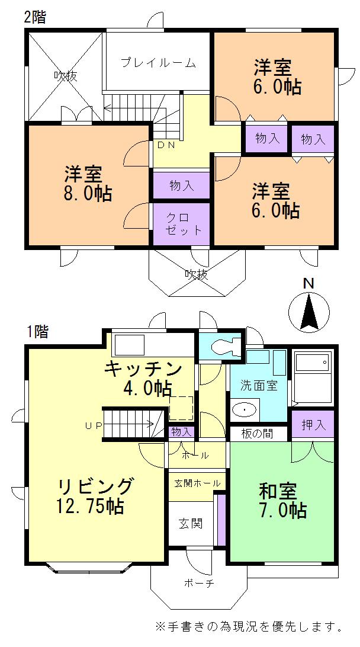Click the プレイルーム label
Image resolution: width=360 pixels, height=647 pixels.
(157, 63)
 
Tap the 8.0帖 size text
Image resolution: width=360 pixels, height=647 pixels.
(88, 194)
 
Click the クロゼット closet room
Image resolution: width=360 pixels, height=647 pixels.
(181, 224)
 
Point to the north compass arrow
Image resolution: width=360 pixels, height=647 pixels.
(308, 312)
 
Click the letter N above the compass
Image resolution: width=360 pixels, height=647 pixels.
(308, 284)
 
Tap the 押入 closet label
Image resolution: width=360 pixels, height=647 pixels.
(313, 425)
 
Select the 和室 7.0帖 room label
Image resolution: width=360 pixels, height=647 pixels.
(281, 500)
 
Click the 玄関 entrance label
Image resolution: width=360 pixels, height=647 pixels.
(191, 523)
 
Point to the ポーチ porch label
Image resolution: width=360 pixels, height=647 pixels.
(198, 583)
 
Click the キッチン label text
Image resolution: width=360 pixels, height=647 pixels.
(143, 369)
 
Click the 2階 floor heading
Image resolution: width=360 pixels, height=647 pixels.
(34, 17)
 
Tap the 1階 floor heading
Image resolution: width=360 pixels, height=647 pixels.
(37, 332)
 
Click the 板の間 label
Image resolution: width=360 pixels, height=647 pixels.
(257, 434)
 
